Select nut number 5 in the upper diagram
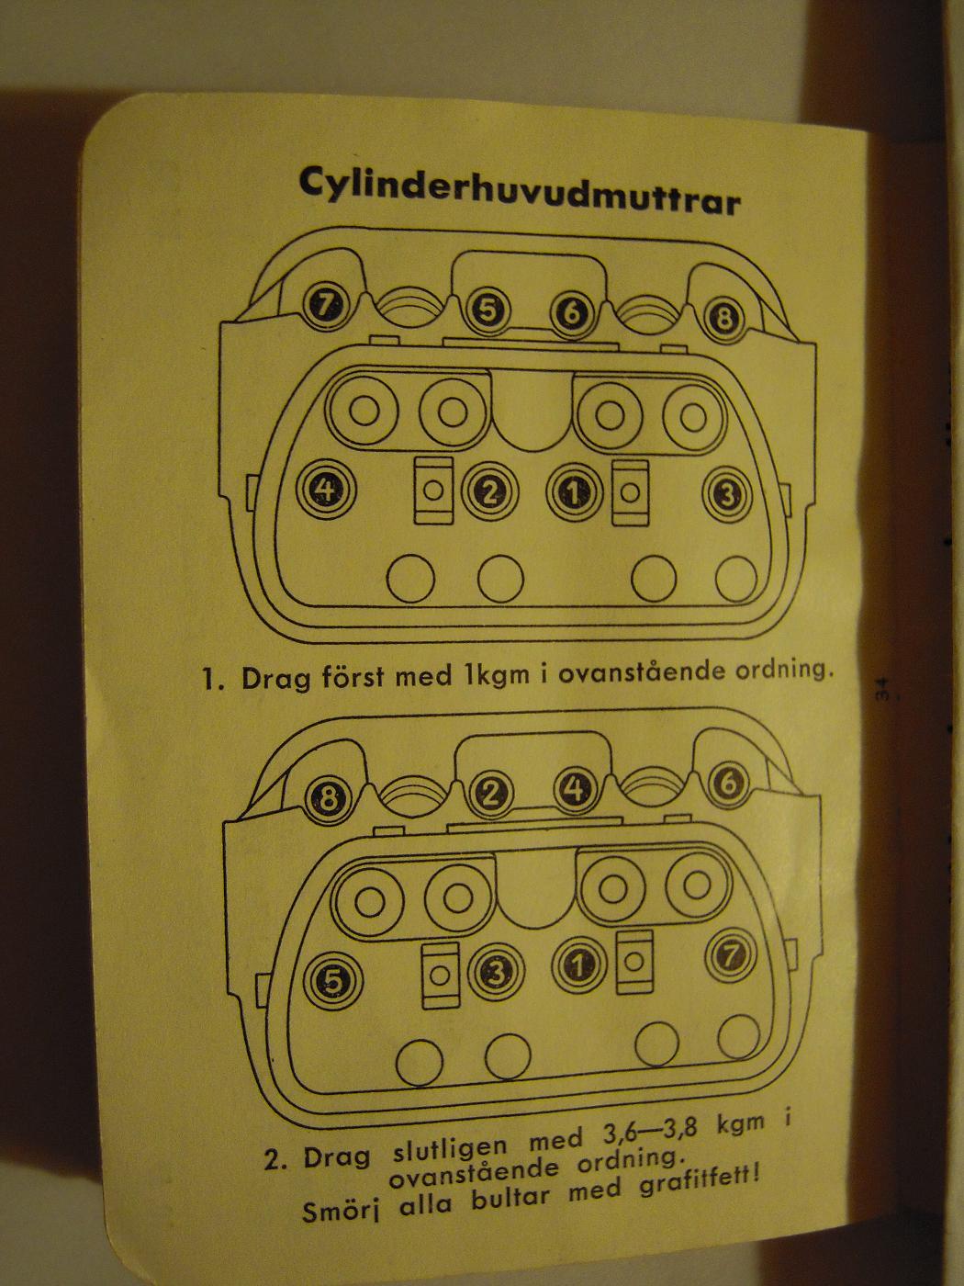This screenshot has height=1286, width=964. (488, 310)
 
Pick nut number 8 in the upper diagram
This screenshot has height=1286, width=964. (724, 320)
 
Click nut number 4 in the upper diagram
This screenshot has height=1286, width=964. (326, 490)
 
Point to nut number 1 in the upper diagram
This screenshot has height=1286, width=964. (574, 491)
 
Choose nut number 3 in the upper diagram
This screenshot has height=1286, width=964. (727, 495)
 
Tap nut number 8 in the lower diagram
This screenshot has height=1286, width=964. (329, 795)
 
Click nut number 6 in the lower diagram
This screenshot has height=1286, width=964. (729, 783)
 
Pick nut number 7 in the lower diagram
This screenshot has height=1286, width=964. (731, 955)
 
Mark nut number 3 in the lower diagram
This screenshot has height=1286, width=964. (496, 972)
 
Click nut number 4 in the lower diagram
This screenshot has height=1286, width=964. (575, 790)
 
